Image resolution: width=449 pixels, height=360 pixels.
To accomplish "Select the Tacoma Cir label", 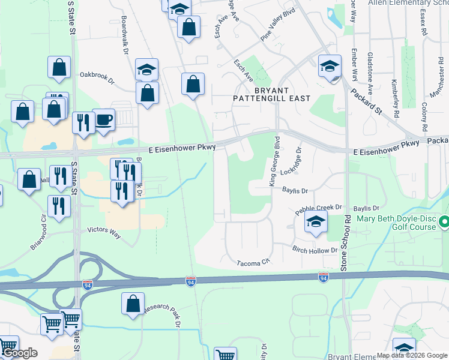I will (x=254, y=263).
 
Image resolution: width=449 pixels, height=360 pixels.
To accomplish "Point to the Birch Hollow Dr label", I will (x=315, y=250).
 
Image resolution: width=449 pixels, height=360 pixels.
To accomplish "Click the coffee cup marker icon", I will (x=103, y=119).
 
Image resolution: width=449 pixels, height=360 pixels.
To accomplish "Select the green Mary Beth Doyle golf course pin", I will (x=444, y=223).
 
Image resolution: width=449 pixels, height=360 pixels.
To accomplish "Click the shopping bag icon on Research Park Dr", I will (x=133, y=304).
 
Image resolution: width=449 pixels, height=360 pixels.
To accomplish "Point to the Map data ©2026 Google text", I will (x=412, y=355).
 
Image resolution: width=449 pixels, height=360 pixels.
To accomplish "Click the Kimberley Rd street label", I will (x=396, y=97).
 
